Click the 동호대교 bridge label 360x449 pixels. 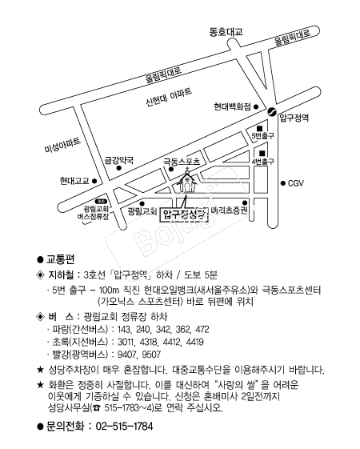[x=226, y=31]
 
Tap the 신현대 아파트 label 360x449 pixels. [x=169, y=97]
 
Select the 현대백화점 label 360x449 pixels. [x=232, y=106]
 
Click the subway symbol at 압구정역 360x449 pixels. [x=271, y=111]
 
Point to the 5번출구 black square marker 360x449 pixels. [x=259, y=128]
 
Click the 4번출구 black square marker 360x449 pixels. [x=262, y=154]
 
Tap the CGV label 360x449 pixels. [x=296, y=183]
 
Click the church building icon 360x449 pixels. [x=187, y=181]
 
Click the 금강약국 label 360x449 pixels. [x=119, y=160]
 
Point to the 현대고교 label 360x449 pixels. [x=74, y=181]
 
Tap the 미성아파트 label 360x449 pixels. [x=62, y=145]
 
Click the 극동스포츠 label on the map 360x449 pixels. [x=182, y=162]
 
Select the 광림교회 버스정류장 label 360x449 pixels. [x=94, y=213]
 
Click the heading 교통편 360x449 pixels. [x=60, y=259]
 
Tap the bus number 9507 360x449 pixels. [x=151, y=355]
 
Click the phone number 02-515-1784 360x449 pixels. [x=124, y=426]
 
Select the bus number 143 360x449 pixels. [x=124, y=329]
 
